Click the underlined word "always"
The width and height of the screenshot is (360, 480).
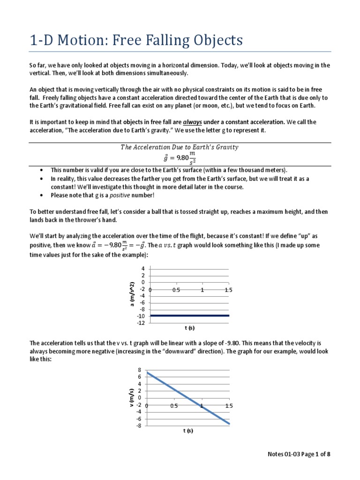192,122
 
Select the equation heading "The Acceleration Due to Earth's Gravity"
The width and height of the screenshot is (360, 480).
180,147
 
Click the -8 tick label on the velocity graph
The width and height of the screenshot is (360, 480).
139,426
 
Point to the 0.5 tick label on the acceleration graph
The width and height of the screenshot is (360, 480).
176,290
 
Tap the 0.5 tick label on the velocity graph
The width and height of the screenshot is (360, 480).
174,406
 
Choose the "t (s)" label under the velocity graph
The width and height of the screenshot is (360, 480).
188,431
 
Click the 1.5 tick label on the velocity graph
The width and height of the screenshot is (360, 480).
228,406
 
